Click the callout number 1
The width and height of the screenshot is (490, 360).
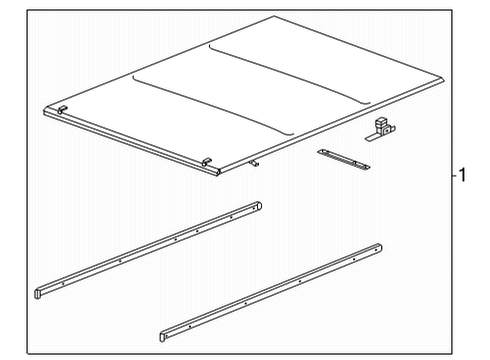pos(462,175)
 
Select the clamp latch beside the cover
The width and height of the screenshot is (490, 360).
pos(380,128)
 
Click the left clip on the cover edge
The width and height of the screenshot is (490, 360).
pos(62,108)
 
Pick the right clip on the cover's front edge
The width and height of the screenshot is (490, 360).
pos(206,162)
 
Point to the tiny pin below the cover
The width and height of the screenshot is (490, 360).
pos(254,163)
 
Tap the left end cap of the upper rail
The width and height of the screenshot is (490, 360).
pos(40,292)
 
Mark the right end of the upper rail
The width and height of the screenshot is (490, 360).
pos(257,207)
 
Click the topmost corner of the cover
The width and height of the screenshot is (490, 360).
pos(274,17)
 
